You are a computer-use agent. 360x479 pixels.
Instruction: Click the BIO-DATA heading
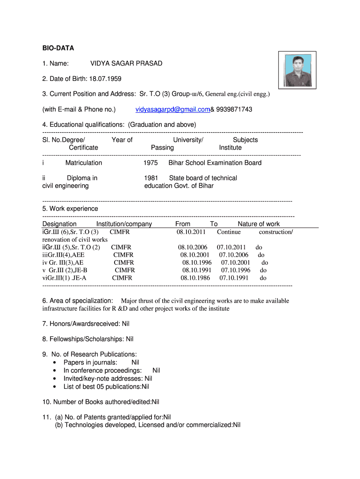tap(58, 48)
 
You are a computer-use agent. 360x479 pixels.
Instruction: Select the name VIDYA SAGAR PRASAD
tap(126, 63)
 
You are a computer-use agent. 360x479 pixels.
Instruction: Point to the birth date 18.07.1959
tap(105, 79)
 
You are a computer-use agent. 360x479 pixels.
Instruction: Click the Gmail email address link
tap(173, 109)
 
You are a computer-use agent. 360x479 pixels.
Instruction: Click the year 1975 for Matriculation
tap(151, 163)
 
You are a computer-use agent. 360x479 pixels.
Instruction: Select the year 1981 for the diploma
tap(151, 178)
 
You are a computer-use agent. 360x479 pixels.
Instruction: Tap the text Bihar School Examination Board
tap(215, 163)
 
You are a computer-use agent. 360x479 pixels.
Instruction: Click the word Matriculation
tap(84, 163)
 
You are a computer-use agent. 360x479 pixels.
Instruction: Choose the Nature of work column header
tap(259, 224)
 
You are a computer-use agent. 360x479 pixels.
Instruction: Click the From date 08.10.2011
tap(191, 232)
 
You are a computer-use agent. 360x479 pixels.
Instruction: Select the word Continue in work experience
tap(229, 232)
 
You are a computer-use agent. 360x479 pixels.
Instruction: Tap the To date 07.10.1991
tap(234, 277)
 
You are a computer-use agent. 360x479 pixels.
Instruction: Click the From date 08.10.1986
tap(195, 277)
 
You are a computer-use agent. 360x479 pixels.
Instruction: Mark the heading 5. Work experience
tap(70, 209)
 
